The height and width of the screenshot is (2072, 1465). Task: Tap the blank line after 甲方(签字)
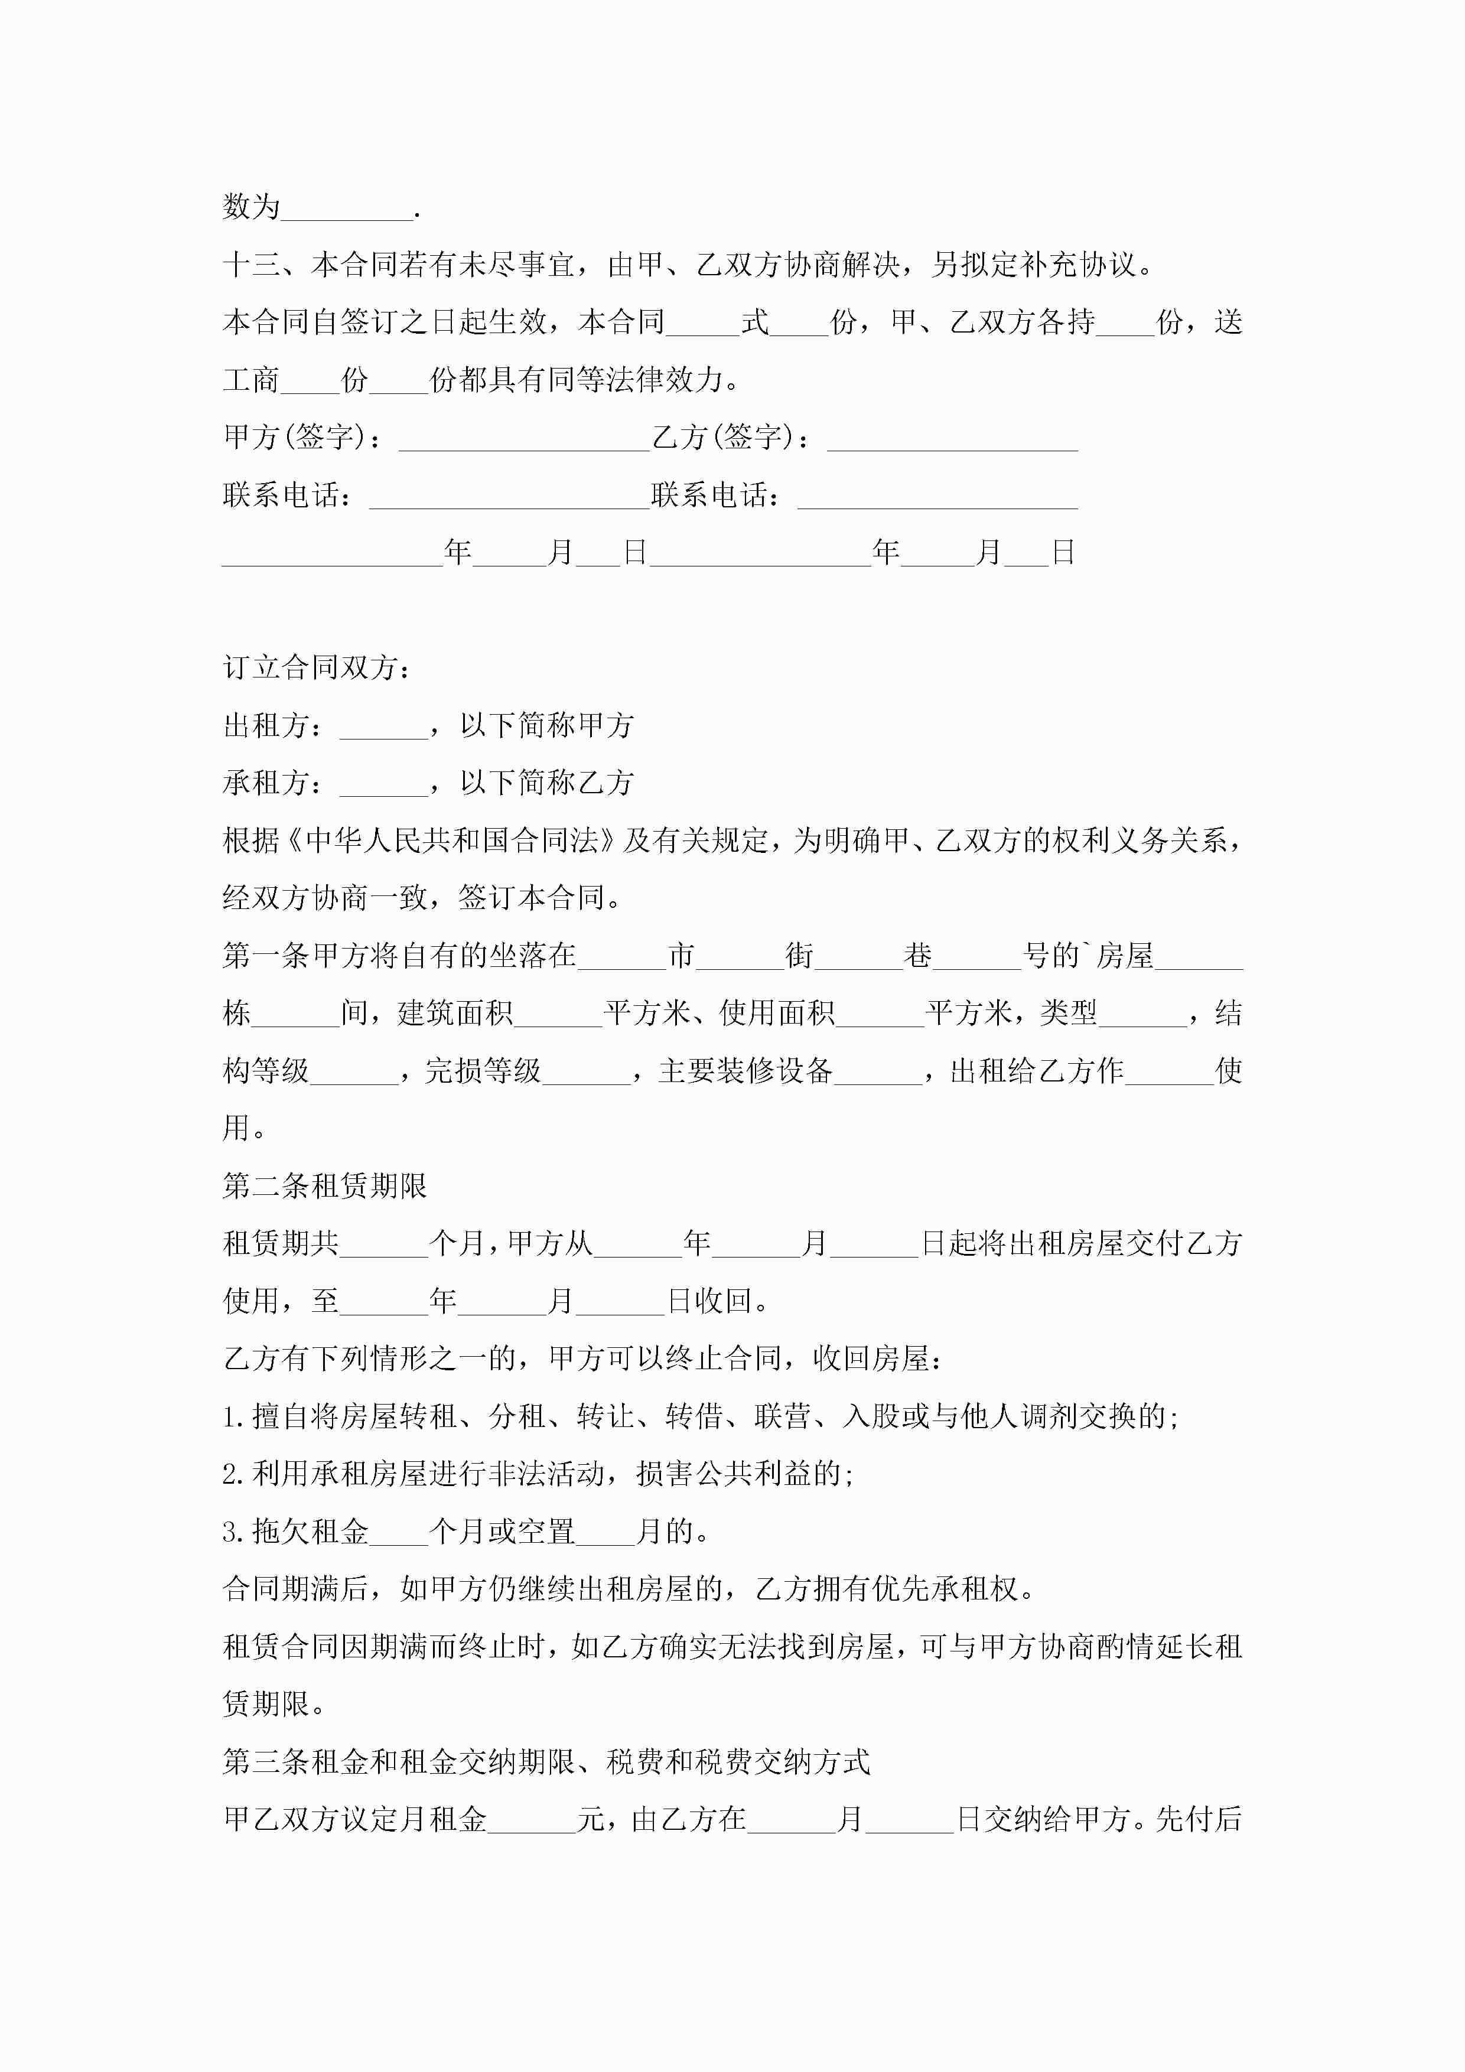click(523, 439)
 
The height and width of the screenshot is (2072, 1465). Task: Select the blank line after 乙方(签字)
click(952, 439)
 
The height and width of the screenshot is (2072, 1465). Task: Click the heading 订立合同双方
click(317, 668)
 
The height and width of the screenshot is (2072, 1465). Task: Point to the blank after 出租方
click(383, 727)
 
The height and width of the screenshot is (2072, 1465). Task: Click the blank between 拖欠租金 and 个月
click(398, 1532)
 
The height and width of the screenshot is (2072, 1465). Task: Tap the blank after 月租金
click(532, 1820)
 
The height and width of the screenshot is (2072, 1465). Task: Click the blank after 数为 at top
click(347, 209)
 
